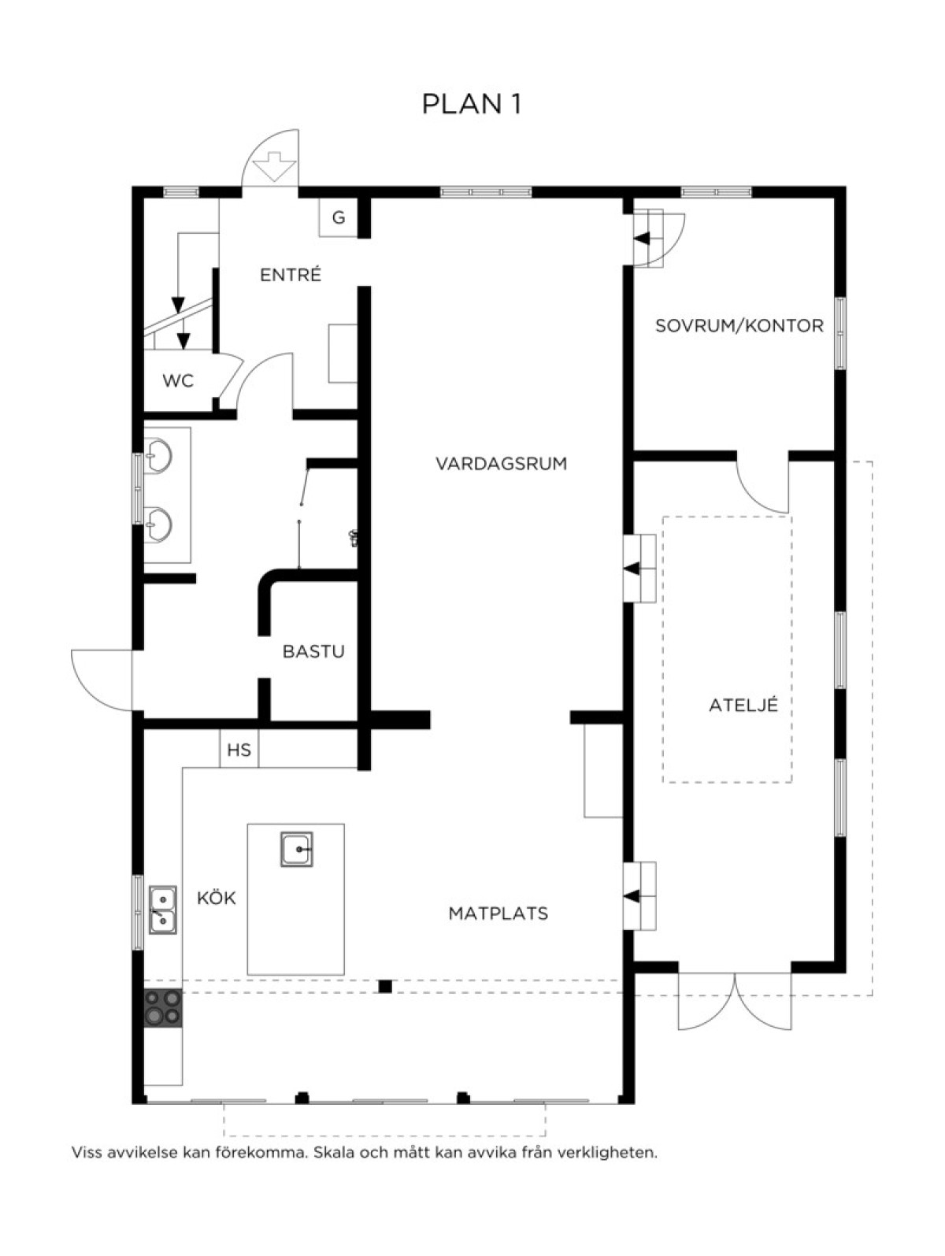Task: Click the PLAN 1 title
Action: pyautogui.click(x=472, y=104)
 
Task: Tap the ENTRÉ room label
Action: pyautogui.click(x=291, y=275)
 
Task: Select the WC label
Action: pyautogui.click(x=178, y=380)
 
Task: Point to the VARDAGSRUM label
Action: pyautogui.click(x=501, y=464)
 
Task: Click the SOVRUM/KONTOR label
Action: pyautogui.click(x=739, y=326)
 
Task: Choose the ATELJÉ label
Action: pyautogui.click(x=743, y=705)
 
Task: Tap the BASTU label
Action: pyautogui.click(x=313, y=652)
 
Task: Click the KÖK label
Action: pyautogui.click(x=217, y=898)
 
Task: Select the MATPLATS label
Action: pyautogui.click(x=498, y=913)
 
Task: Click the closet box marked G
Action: pyautogui.click(x=339, y=218)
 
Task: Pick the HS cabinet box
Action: pyautogui.click(x=239, y=750)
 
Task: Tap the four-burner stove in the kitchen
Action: pyautogui.click(x=162, y=1008)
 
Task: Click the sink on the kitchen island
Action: pyautogui.click(x=297, y=849)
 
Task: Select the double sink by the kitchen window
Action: pyautogui.click(x=163, y=910)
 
